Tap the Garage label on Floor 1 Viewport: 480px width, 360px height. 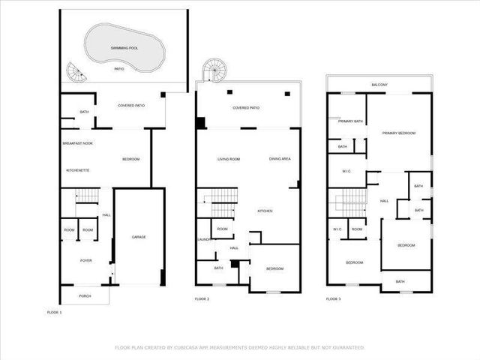(139, 237)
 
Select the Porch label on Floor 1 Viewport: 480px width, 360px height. (85, 296)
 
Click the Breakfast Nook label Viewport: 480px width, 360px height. (77, 142)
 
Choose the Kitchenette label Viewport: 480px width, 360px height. (77, 170)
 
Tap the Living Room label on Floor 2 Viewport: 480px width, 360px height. (228, 159)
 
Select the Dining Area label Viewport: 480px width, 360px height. (280, 159)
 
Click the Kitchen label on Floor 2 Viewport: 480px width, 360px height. (265, 211)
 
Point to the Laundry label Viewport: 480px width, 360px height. (203, 240)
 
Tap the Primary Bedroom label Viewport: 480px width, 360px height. (398, 133)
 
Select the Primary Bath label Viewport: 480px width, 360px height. (350, 121)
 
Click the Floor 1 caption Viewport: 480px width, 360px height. (54, 311)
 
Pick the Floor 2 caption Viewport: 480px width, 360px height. (202, 298)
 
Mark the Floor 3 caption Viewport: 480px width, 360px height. (333, 298)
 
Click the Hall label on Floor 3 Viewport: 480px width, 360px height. (384, 201)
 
